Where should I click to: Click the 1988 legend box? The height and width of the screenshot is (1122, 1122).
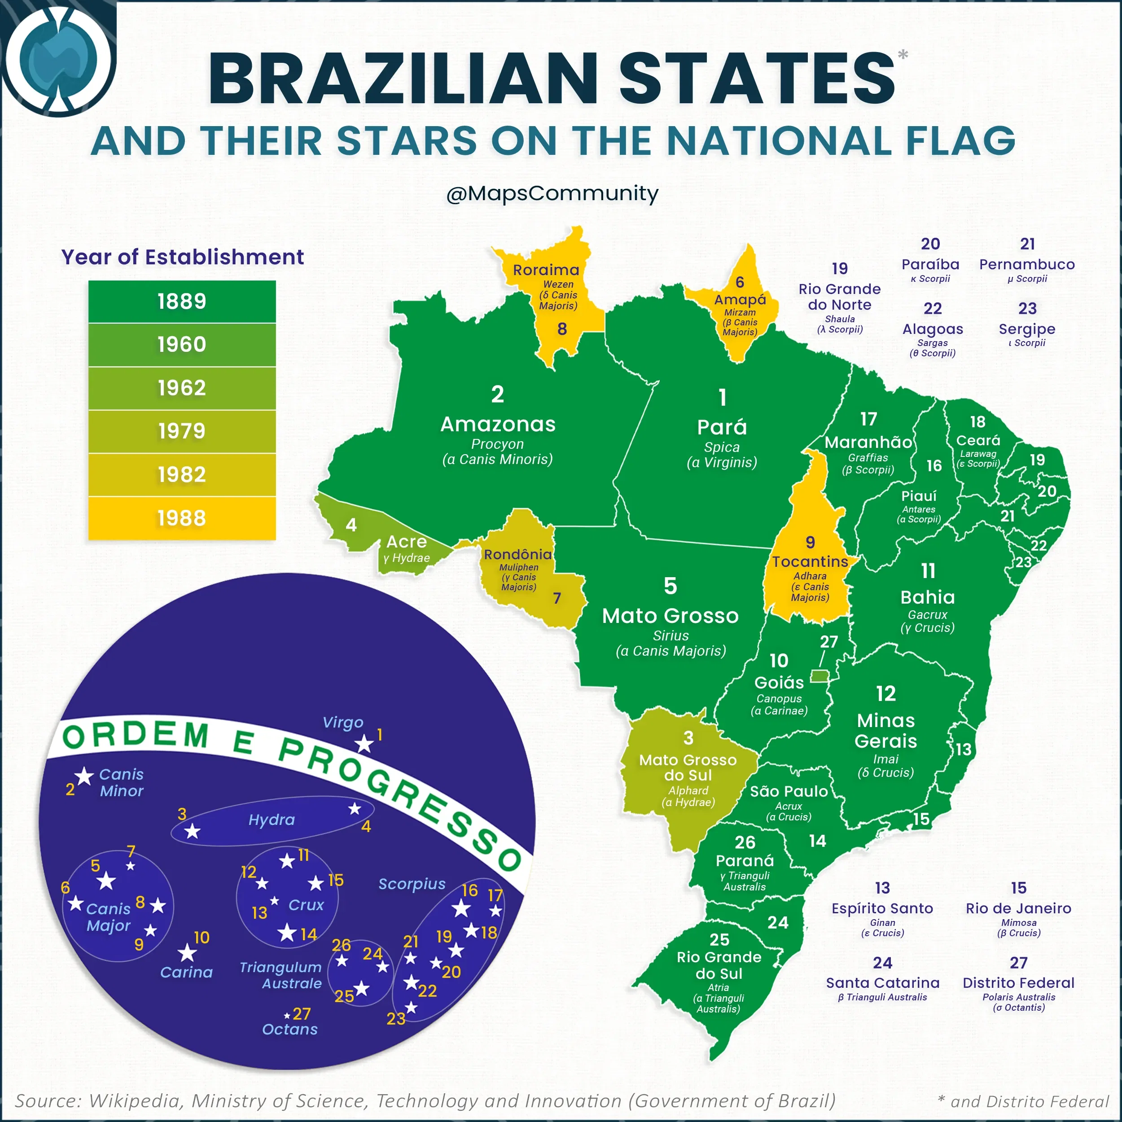[x=182, y=517]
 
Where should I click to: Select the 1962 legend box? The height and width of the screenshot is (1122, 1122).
[x=182, y=387]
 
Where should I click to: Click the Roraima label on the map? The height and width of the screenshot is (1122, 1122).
[x=546, y=270]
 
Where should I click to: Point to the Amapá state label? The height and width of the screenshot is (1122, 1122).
[x=740, y=300]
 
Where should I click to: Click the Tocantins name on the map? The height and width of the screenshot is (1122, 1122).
[x=810, y=561]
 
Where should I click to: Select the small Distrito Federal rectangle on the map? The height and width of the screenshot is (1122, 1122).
[x=820, y=675]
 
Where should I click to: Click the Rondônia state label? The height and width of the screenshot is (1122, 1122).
[x=517, y=555]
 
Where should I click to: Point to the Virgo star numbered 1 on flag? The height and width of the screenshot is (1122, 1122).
[x=364, y=744]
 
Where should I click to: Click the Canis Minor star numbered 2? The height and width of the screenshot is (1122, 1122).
[x=84, y=776]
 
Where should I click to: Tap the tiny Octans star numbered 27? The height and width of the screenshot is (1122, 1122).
[x=287, y=1016]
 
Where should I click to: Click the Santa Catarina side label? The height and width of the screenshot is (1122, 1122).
[x=882, y=982]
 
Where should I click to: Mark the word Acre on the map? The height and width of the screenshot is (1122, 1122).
[x=407, y=541]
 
